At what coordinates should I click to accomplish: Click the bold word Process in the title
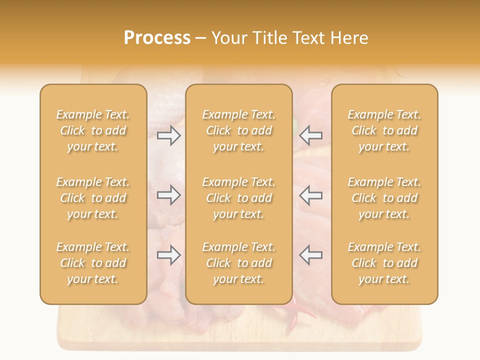tap(157, 37)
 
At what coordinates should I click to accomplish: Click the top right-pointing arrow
tap(169, 135)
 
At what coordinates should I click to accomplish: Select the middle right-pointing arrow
tap(169, 195)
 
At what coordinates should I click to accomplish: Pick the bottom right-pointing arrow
tap(169, 255)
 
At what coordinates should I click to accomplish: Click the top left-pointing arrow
tap(310, 135)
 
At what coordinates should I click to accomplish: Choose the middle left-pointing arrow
tap(310, 195)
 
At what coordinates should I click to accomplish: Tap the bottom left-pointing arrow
tap(310, 255)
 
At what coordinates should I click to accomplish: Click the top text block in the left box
tap(93, 130)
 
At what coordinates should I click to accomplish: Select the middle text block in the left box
tap(93, 198)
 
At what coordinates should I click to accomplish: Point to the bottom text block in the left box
tap(93, 263)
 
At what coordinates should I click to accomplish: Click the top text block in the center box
tap(239, 130)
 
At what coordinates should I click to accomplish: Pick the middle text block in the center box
tap(239, 198)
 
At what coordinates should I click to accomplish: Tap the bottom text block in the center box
tap(239, 263)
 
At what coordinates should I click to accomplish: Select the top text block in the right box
tap(384, 130)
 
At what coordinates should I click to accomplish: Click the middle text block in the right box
tap(384, 198)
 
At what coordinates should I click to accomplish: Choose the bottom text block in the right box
tap(384, 263)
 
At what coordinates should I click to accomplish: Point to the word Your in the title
tap(230, 38)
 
